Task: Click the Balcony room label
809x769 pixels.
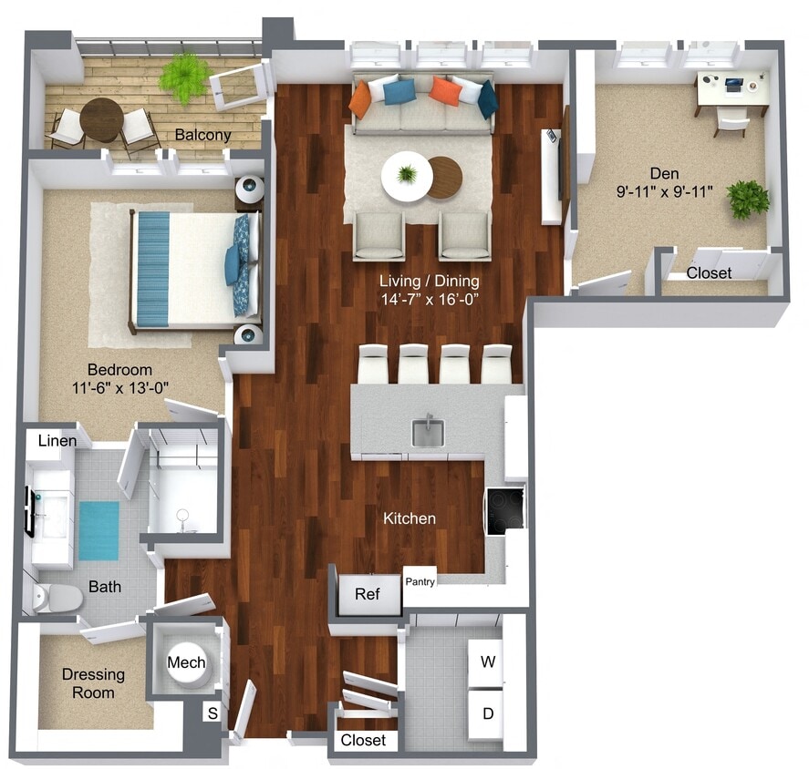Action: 202,135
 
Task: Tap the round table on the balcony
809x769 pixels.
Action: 100,119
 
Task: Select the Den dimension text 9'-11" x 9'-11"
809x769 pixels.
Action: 676,192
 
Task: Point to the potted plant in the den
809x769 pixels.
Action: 748,199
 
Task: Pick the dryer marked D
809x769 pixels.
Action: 488,713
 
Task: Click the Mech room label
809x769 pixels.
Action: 186,662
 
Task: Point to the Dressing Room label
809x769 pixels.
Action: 93,683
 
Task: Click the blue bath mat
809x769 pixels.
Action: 99,530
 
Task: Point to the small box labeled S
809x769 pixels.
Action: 213,713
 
